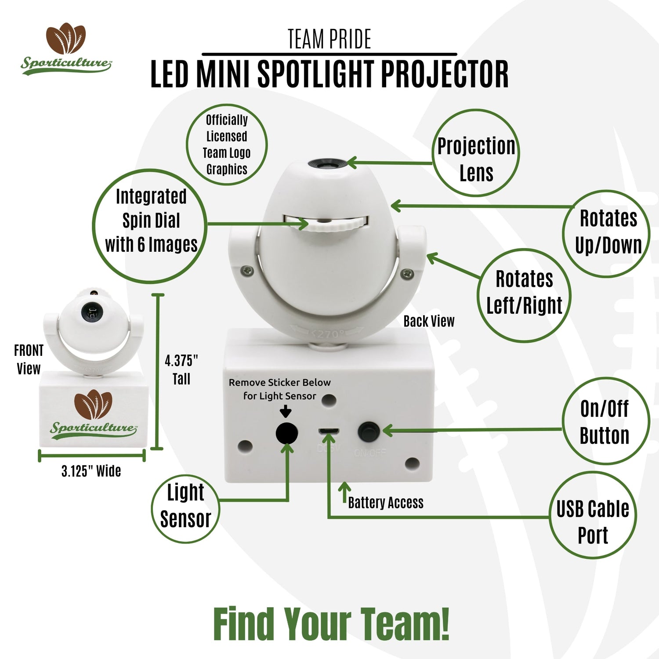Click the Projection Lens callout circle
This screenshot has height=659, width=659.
point(476,159)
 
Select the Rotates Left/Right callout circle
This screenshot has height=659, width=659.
point(524,292)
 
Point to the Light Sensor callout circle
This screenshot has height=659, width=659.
point(185,506)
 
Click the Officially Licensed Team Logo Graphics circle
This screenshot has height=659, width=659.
point(227,145)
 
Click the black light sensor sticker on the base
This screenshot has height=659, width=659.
point(286,433)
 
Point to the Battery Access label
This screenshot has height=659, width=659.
point(385,503)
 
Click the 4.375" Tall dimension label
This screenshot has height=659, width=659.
point(181,370)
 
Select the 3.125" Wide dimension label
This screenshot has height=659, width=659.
point(91,471)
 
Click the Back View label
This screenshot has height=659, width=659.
point(429,321)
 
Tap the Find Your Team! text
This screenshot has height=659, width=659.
point(331,624)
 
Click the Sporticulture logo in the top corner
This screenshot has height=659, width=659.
point(66,49)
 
